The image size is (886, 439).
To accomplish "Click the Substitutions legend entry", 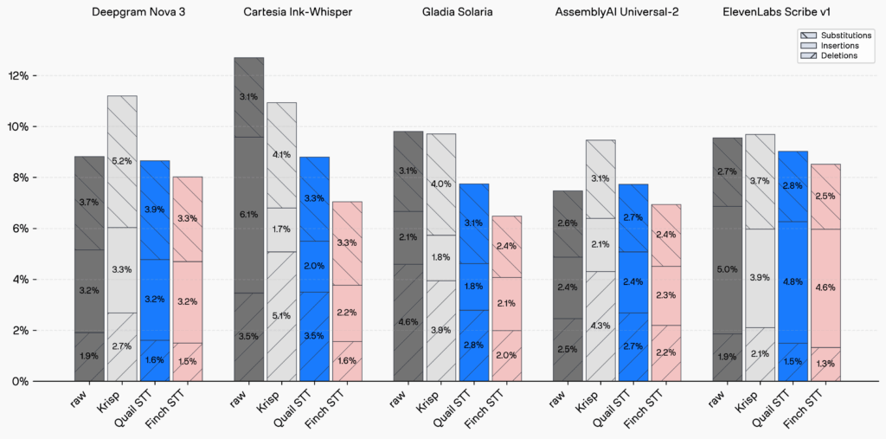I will [844, 36].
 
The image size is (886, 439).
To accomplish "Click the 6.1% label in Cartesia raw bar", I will [248, 215].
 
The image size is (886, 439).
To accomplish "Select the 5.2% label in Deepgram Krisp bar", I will [122, 161].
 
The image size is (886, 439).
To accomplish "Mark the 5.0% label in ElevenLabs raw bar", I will [727, 270].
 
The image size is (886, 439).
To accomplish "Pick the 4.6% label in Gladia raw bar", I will [408, 322].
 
